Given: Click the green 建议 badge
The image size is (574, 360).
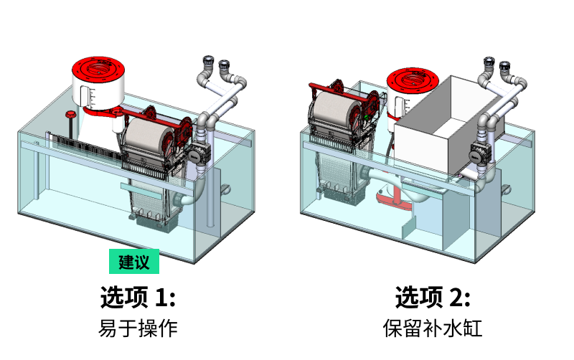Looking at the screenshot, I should [x=134, y=262].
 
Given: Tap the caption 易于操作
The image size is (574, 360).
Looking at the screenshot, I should [x=138, y=328].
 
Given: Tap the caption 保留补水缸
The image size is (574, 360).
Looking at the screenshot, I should [x=433, y=328].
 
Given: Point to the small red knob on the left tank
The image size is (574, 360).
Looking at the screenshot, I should [x=70, y=115].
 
